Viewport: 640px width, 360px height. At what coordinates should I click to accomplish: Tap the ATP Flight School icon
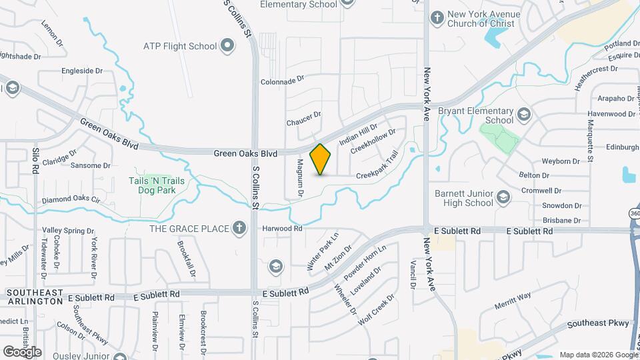pos(228,46)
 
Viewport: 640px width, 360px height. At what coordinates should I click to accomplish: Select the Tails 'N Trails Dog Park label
pos(157,185)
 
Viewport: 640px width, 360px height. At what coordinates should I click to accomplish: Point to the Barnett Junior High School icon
pos(503,197)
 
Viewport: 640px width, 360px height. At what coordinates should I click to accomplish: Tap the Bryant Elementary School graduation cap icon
pos(523,115)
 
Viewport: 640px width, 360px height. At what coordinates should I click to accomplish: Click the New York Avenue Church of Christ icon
pos(437,18)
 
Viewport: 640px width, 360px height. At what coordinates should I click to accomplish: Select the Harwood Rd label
pos(282,228)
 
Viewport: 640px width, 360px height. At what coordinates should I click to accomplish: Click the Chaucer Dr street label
pos(304,122)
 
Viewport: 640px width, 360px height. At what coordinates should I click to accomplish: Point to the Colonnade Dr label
pos(282,81)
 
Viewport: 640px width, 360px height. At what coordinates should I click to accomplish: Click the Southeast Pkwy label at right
pos(598,324)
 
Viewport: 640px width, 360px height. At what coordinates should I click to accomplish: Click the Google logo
pos(22,351)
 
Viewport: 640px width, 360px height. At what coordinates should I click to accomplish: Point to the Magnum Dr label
pos(301,178)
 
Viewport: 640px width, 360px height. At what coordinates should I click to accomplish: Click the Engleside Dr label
pos(82,70)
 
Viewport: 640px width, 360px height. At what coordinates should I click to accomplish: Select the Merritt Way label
pos(513,295)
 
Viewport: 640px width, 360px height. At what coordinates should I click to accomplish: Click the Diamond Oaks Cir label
pos(71,199)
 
